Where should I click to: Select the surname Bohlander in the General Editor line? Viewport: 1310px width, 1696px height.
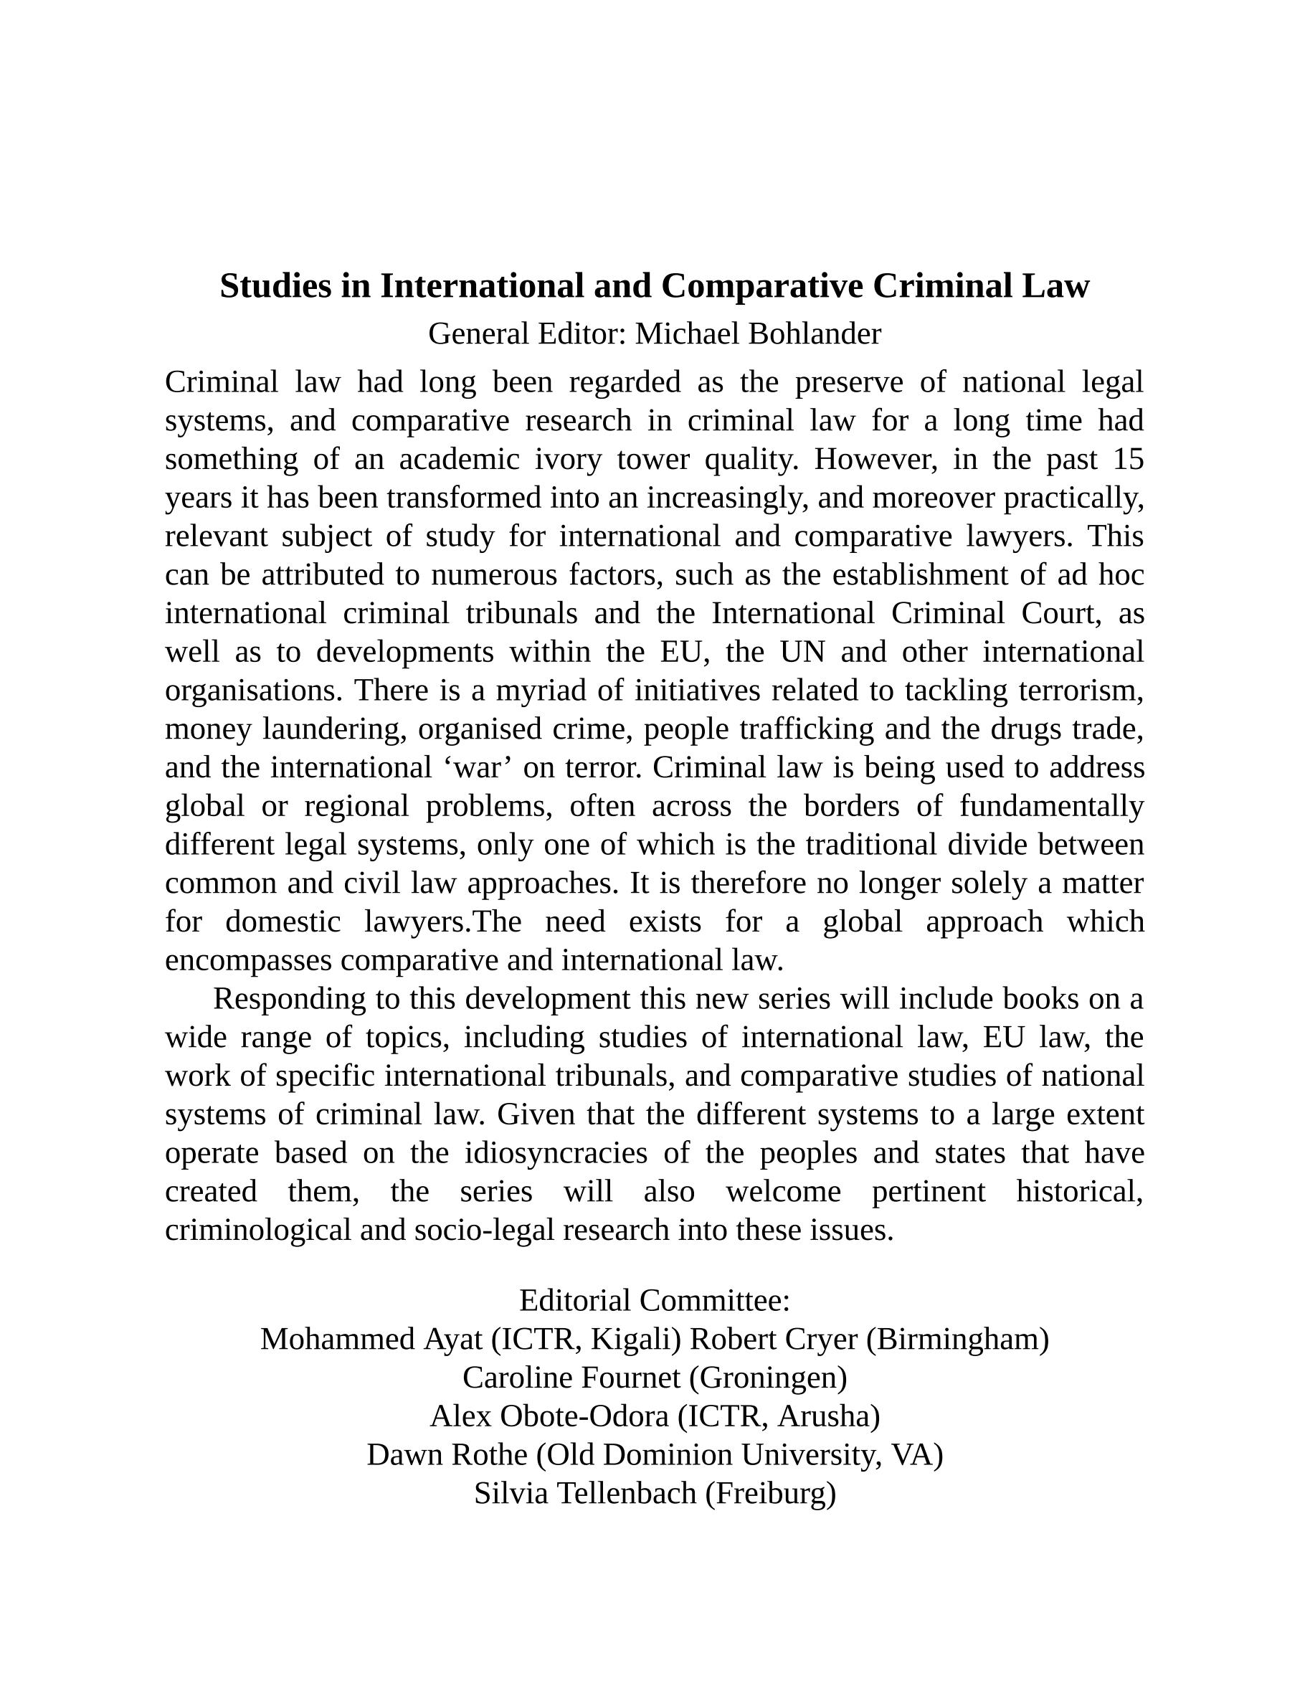coord(815,334)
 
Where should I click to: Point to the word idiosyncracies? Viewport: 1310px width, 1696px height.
coord(556,1152)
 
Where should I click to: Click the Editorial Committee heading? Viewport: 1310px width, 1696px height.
coord(654,1300)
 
